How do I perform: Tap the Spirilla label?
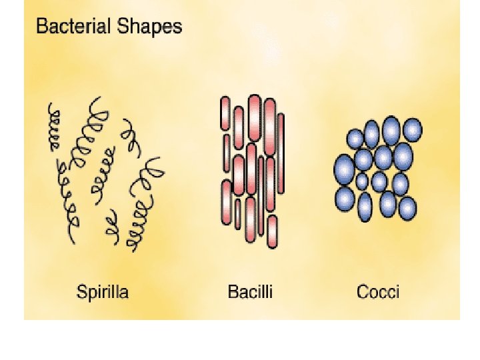(103, 291)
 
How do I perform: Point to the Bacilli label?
(250, 291)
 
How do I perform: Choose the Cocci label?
(378, 291)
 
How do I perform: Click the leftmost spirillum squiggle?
(53, 127)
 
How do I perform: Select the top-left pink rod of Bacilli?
(225, 113)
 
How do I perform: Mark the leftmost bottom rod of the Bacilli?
(226, 203)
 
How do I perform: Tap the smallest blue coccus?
(362, 181)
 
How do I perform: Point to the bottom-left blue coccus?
(345, 198)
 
